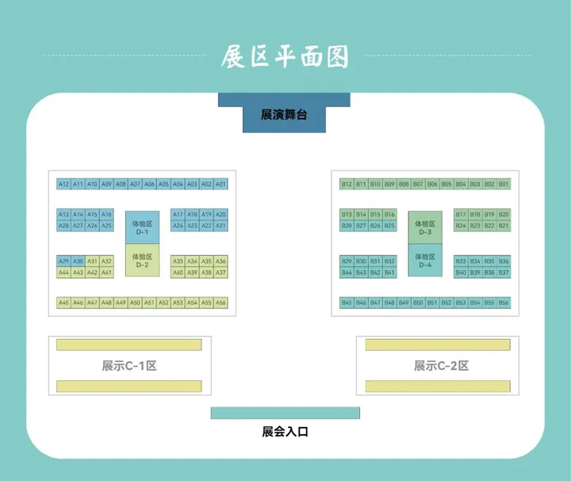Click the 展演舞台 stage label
click(284, 115)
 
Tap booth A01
click(220, 184)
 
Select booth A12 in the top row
click(64, 184)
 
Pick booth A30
click(78, 261)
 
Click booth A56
click(220, 303)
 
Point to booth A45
click(64, 303)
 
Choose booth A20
click(220, 215)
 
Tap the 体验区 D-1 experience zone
click(142, 228)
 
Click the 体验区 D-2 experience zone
click(142, 261)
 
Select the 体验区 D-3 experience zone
click(425, 228)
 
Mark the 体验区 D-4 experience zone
click(425, 261)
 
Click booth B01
click(504, 184)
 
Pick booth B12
click(347, 184)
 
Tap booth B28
click(347, 226)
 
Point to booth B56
click(504, 303)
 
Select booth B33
click(461, 261)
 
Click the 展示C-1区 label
click(129, 366)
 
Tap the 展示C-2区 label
click(441, 366)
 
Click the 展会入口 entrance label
click(285, 432)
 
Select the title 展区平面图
click(285, 57)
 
